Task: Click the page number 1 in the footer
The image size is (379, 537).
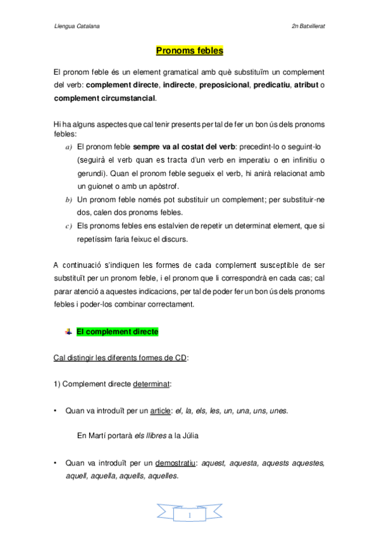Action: coord(189,517)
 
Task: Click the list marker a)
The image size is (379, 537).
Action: coord(69,146)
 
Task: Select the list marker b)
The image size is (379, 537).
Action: coord(69,199)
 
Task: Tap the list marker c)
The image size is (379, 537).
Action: coord(69,226)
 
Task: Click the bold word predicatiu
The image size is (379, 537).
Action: coord(271,85)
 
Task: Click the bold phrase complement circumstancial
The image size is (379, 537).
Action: coord(104,98)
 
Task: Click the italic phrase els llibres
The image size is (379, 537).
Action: coord(154,437)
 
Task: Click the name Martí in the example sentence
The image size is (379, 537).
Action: coord(98,437)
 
